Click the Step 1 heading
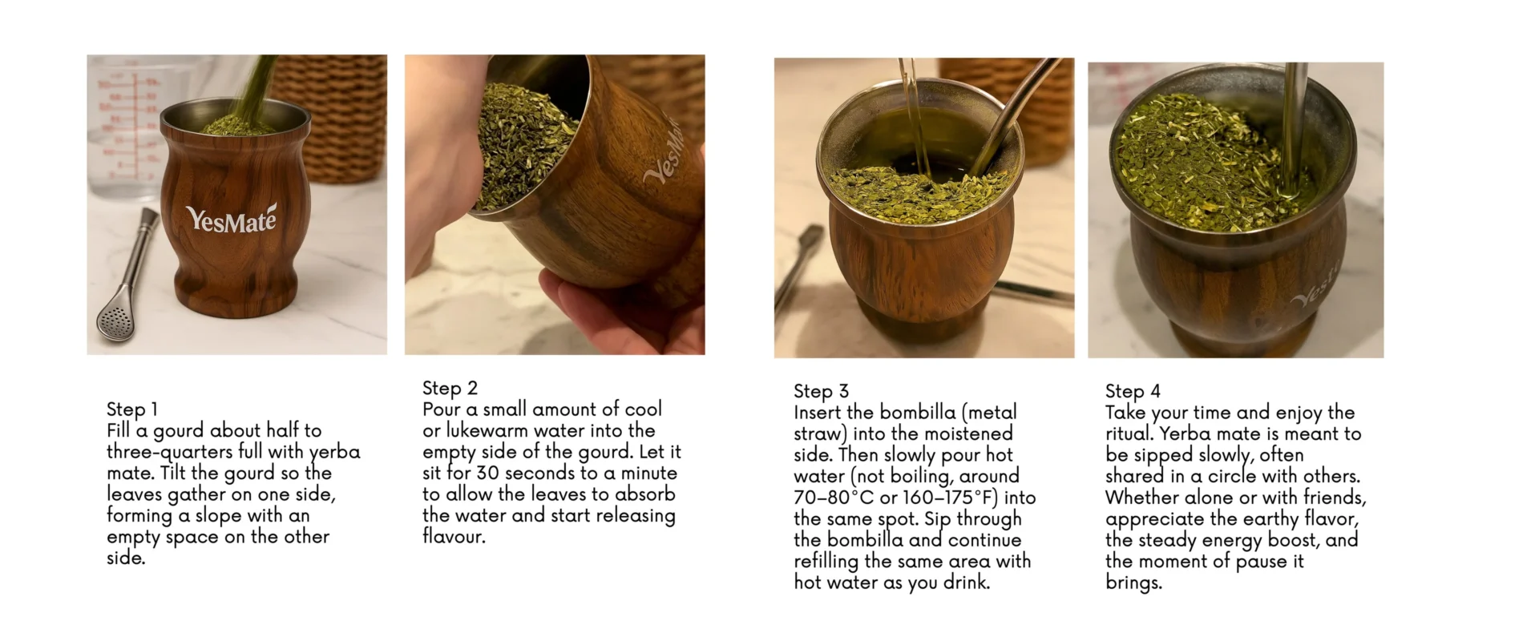(132, 409)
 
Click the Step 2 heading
(450, 388)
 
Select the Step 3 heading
(821, 391)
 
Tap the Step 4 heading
(1133, 391)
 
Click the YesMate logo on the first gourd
(231, 219)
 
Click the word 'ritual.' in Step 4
(1130, 434)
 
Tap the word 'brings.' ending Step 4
(1133, 583)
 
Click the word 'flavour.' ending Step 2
(454, 537)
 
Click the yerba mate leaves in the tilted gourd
(525, 144)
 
